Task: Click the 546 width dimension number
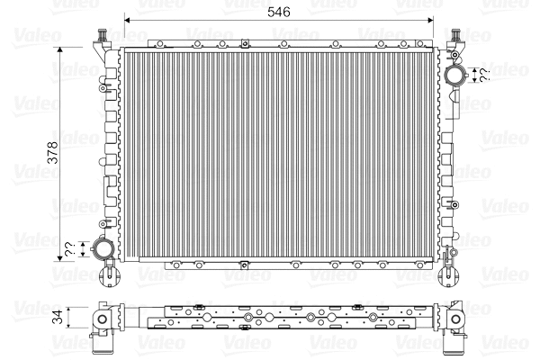[278, 13]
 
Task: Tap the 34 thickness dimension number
[58, 317]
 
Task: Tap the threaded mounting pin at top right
[455, 38]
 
